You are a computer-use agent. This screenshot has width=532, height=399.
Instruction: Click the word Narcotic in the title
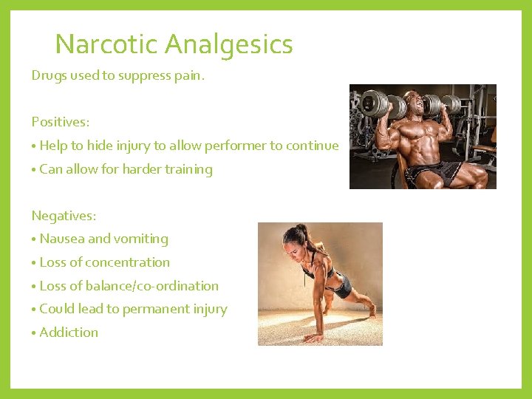[x=106, y=45]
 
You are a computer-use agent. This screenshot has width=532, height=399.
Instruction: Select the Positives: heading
[x=61, y=122]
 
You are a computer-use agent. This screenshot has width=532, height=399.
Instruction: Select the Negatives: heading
[x=64, y=216]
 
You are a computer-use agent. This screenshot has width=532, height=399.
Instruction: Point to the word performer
[x=236, y=146]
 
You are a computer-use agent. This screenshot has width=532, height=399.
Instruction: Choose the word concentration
[x=120, y=262]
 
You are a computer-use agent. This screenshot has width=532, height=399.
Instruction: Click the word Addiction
[x=69, y=332]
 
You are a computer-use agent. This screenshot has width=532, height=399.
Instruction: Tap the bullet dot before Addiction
[x=34, y=333]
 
